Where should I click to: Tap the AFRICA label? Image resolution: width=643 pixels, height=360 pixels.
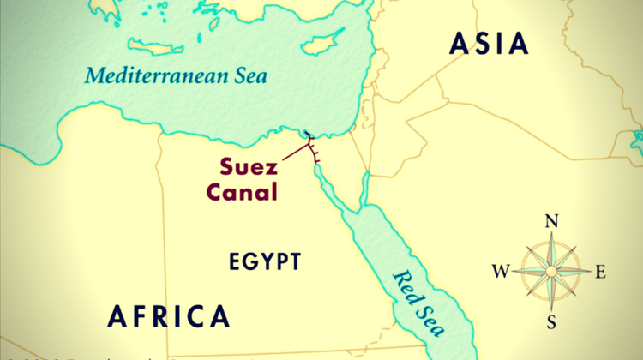pos(169,315)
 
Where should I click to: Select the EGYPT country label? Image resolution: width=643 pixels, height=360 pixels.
pos(266,261)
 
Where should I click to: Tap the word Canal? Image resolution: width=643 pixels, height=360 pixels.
pos(241,191)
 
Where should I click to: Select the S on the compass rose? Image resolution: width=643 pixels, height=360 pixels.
pos(551,321)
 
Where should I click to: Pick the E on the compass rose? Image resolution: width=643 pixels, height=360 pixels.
pos(600,273)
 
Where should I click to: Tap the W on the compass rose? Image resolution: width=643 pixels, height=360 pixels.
pos(500,273)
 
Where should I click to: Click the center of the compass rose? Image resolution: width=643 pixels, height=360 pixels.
pos(551,272)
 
